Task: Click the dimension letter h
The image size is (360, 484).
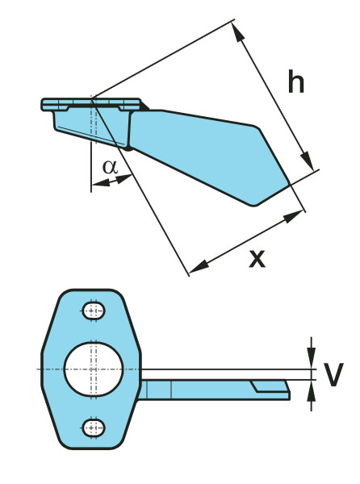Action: (295, 81)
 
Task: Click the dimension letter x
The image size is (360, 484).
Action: (257, 259)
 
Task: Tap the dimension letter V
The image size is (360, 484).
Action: (333, 374)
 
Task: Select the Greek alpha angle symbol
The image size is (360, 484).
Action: (111, 167)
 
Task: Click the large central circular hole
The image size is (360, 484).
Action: (94, 369)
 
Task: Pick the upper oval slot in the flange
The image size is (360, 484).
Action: (94, 311)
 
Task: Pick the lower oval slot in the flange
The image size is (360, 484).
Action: (94, 428)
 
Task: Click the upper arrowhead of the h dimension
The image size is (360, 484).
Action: (238, 32)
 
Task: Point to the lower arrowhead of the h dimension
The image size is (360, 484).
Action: (308, 160)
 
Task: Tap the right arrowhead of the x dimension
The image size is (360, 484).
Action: (293, 216)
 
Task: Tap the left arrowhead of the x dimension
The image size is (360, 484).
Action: (199, 268)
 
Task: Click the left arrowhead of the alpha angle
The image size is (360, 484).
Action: (101, 183)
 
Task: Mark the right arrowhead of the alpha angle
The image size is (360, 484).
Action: (124, 178)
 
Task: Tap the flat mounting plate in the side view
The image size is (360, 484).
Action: (92, 104)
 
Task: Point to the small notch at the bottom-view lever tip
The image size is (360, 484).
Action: (270, 386)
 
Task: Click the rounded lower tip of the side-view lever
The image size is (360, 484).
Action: (253, 204)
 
